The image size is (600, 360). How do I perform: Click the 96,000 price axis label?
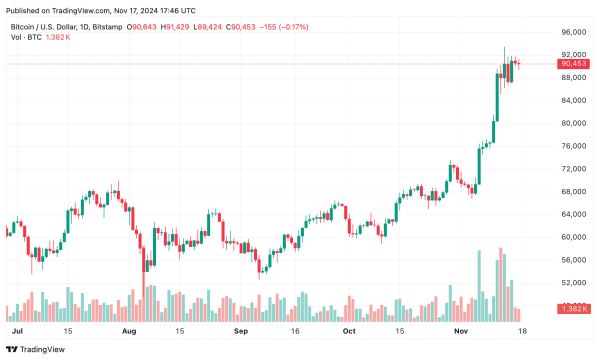tap(574, 32)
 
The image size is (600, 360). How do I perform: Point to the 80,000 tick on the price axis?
tap(574, 123)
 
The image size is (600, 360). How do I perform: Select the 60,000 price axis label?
tap(574, 237)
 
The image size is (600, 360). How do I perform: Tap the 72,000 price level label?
tap(574, 169)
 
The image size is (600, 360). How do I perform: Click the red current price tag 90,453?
tap(574, 65)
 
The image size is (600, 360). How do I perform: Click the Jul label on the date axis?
tap(17, 329)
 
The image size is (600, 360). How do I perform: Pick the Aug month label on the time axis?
tap(128, 329)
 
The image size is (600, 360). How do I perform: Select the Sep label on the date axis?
tap(240, 329)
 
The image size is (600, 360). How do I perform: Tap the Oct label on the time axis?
tap(348, 329)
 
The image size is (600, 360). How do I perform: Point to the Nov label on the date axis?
tap(460, 329)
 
